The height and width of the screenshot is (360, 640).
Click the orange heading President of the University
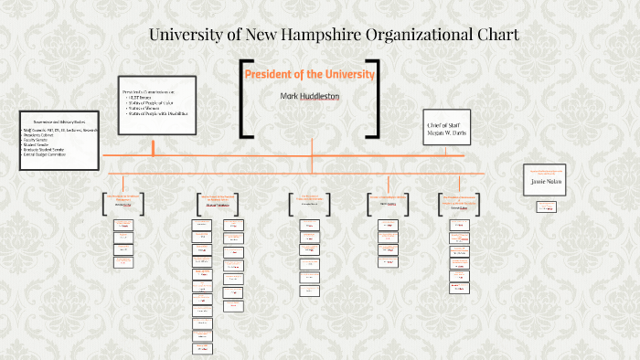click(x=309, y=74)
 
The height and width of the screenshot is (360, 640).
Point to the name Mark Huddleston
click(x=309, y=95)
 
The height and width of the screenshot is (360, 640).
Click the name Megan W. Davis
click(x=446, y=132)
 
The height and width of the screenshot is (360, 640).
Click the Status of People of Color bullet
click(x=153, y=104)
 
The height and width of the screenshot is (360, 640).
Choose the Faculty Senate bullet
click(x=37, y=140)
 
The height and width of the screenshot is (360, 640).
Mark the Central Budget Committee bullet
click(x=48, y=154)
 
